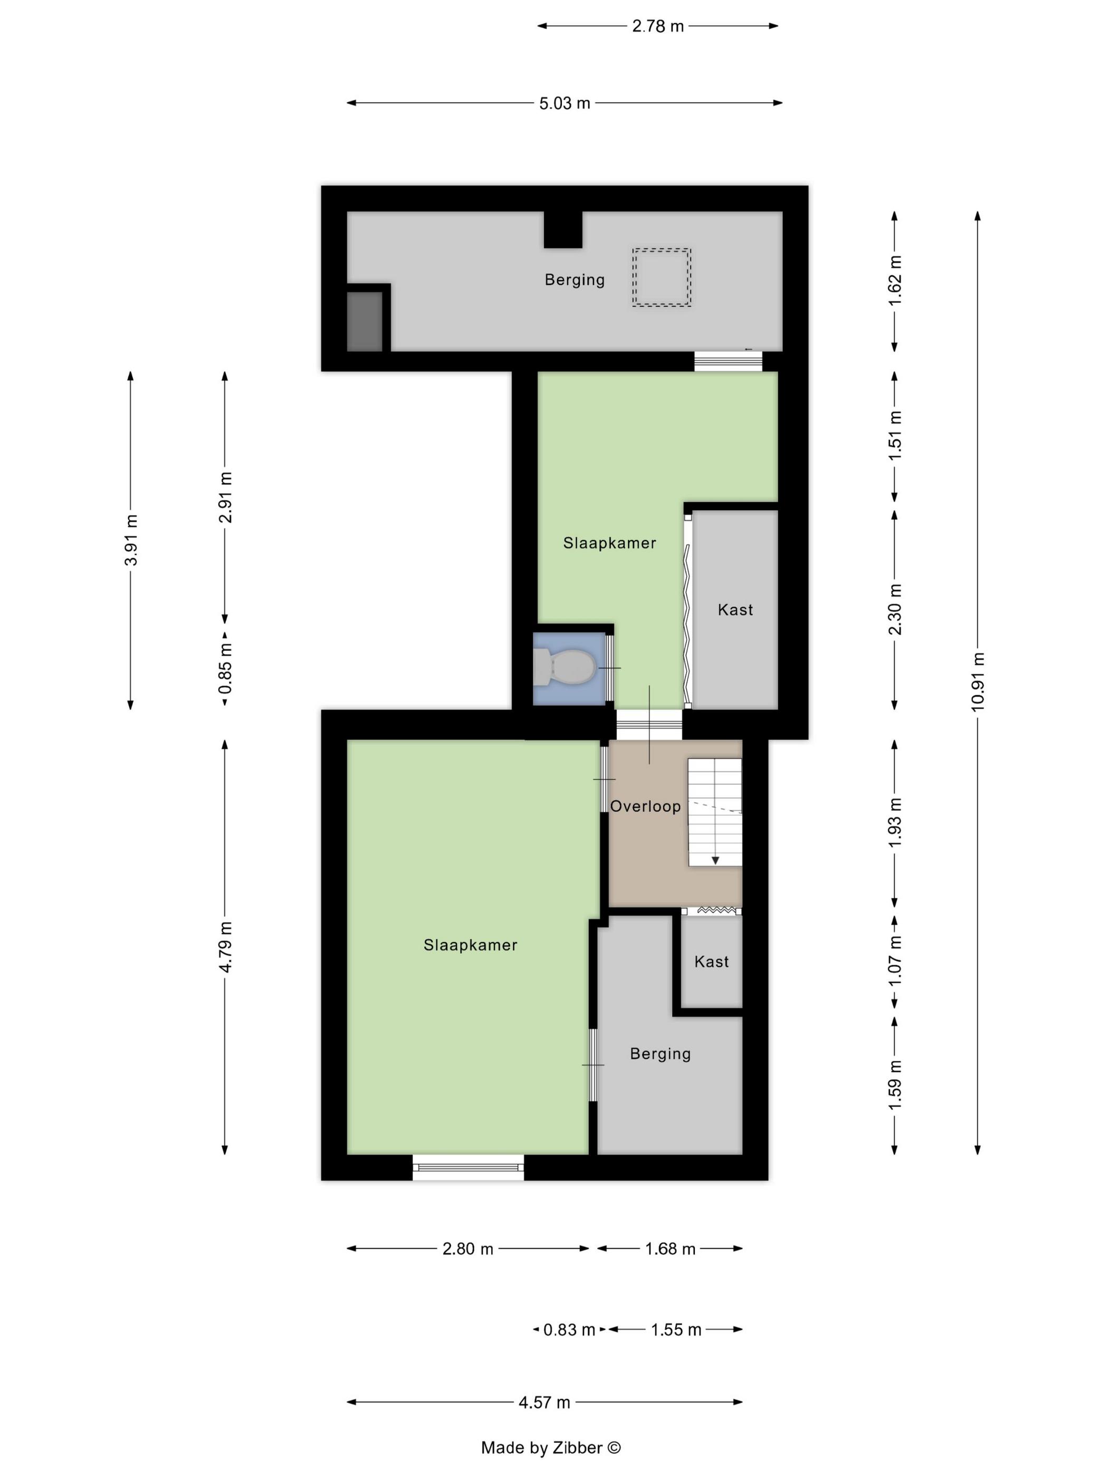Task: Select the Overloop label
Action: coord(645,806)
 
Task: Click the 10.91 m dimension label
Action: coord(978,681)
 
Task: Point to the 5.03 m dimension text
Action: coord(565,103)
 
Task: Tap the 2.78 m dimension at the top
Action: coord(658,26)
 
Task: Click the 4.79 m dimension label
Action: coord(226,946)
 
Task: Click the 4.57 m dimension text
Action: coord(545,1402)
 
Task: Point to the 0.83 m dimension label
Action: coord(569,1329)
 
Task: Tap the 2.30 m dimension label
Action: coord(895,609)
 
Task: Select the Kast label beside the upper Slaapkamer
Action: coord(736,610)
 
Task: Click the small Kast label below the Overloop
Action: coord(711,962)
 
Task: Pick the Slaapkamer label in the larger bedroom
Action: coord(470,945)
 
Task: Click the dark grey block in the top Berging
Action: coord(365,321)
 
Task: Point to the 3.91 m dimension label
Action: coord(131,540)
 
